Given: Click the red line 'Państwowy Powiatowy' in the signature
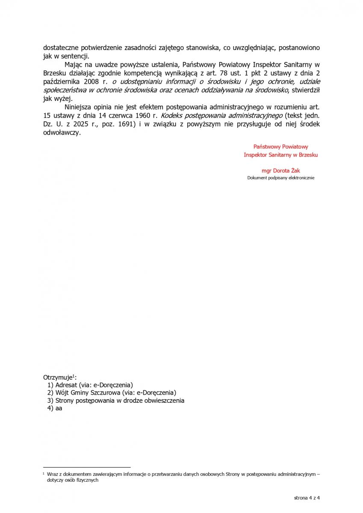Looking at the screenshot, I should tap(280, 147).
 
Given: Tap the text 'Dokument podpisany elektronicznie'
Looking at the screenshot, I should tap(280, 178).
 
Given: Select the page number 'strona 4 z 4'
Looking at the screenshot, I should tap(307, 498).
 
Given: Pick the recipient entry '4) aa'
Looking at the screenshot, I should tap(55, 408).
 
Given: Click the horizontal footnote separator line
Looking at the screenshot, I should tap(87, 467).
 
